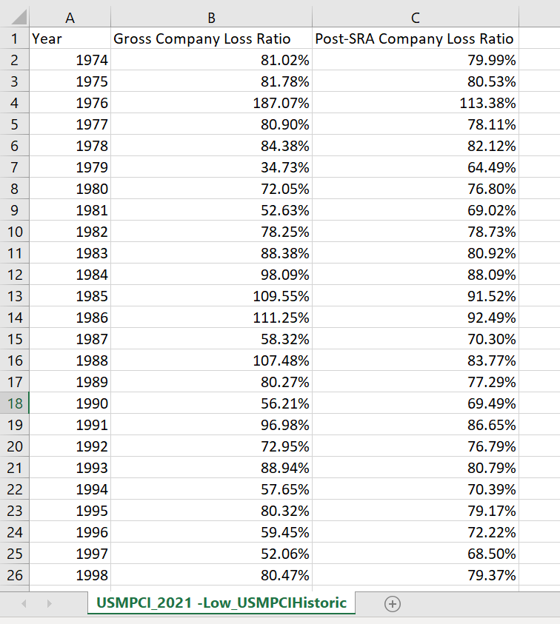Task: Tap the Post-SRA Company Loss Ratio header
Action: pyautogui.click(x=415, y=38)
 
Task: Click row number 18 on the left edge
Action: pyautogui.click(x=15, y=403)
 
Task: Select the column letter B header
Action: pyautogui.click(x=211, y=17)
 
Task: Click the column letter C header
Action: pyautogui.click(x=416, y=17)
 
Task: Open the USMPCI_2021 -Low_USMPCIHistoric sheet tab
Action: pyautogui.click(x=221, y=603)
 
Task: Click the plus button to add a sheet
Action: pyautogui.click(x=393, y=603)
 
